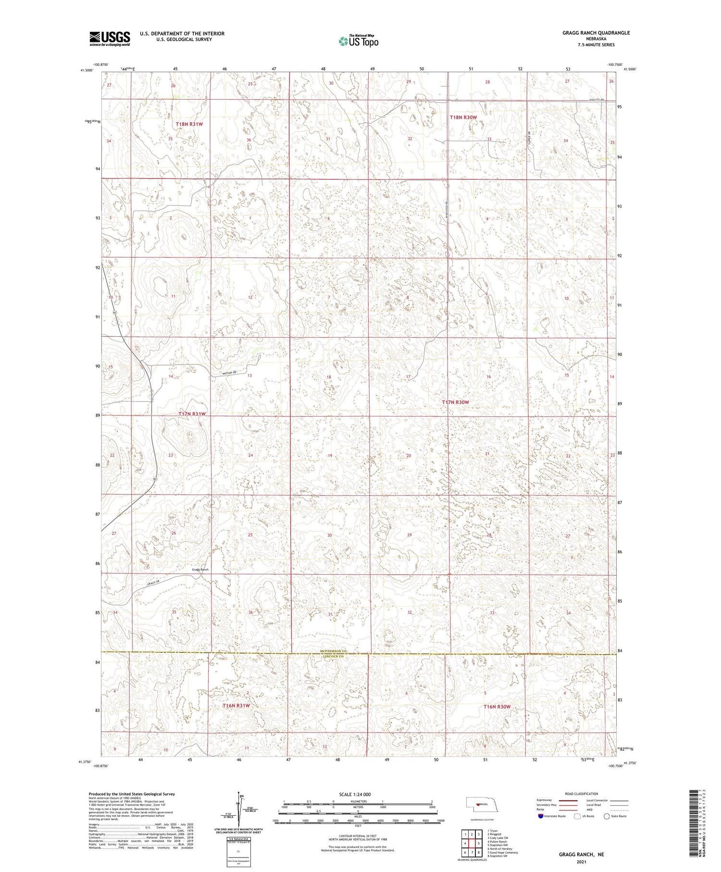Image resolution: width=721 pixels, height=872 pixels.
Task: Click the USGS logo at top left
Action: pos(110,38)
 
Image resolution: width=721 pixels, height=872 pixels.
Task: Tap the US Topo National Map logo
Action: pos(358,41)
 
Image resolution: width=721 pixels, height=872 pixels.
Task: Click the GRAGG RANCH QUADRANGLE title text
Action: pos(589,33)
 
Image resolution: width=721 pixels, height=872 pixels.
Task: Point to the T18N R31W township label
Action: pos(189,124)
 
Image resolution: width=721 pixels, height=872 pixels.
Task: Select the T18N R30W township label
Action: pos(463,117)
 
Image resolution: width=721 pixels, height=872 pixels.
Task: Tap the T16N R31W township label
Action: pos(236,706)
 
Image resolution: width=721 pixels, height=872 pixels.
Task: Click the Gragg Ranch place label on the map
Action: pos(200,569)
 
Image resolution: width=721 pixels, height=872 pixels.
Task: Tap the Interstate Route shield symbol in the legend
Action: pos(541,816)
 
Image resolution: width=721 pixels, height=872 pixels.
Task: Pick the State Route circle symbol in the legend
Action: pos(607,816)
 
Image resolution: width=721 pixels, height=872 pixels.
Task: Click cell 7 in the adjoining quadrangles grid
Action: pos(472,853)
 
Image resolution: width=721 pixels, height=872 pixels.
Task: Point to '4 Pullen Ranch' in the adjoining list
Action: pos(497,842)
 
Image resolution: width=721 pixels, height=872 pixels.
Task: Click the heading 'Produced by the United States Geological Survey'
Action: pos(131,794)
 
